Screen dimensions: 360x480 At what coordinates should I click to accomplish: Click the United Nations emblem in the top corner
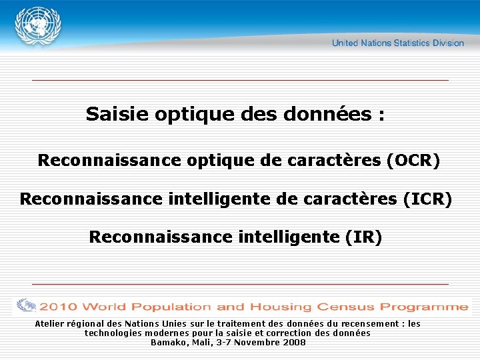coord(38,26)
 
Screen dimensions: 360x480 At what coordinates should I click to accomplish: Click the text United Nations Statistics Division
coord(397,43)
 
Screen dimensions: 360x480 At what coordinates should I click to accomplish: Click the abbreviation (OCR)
coord(413,161)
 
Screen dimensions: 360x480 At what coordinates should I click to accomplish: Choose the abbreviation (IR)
coord(363,237)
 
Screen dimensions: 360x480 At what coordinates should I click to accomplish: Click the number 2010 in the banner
coord(58,307)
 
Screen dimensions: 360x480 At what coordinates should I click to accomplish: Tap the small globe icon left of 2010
coord(27,306)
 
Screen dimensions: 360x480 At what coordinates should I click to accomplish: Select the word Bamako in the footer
coord(169,342)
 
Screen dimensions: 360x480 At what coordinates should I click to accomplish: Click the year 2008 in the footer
coord(295,342)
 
